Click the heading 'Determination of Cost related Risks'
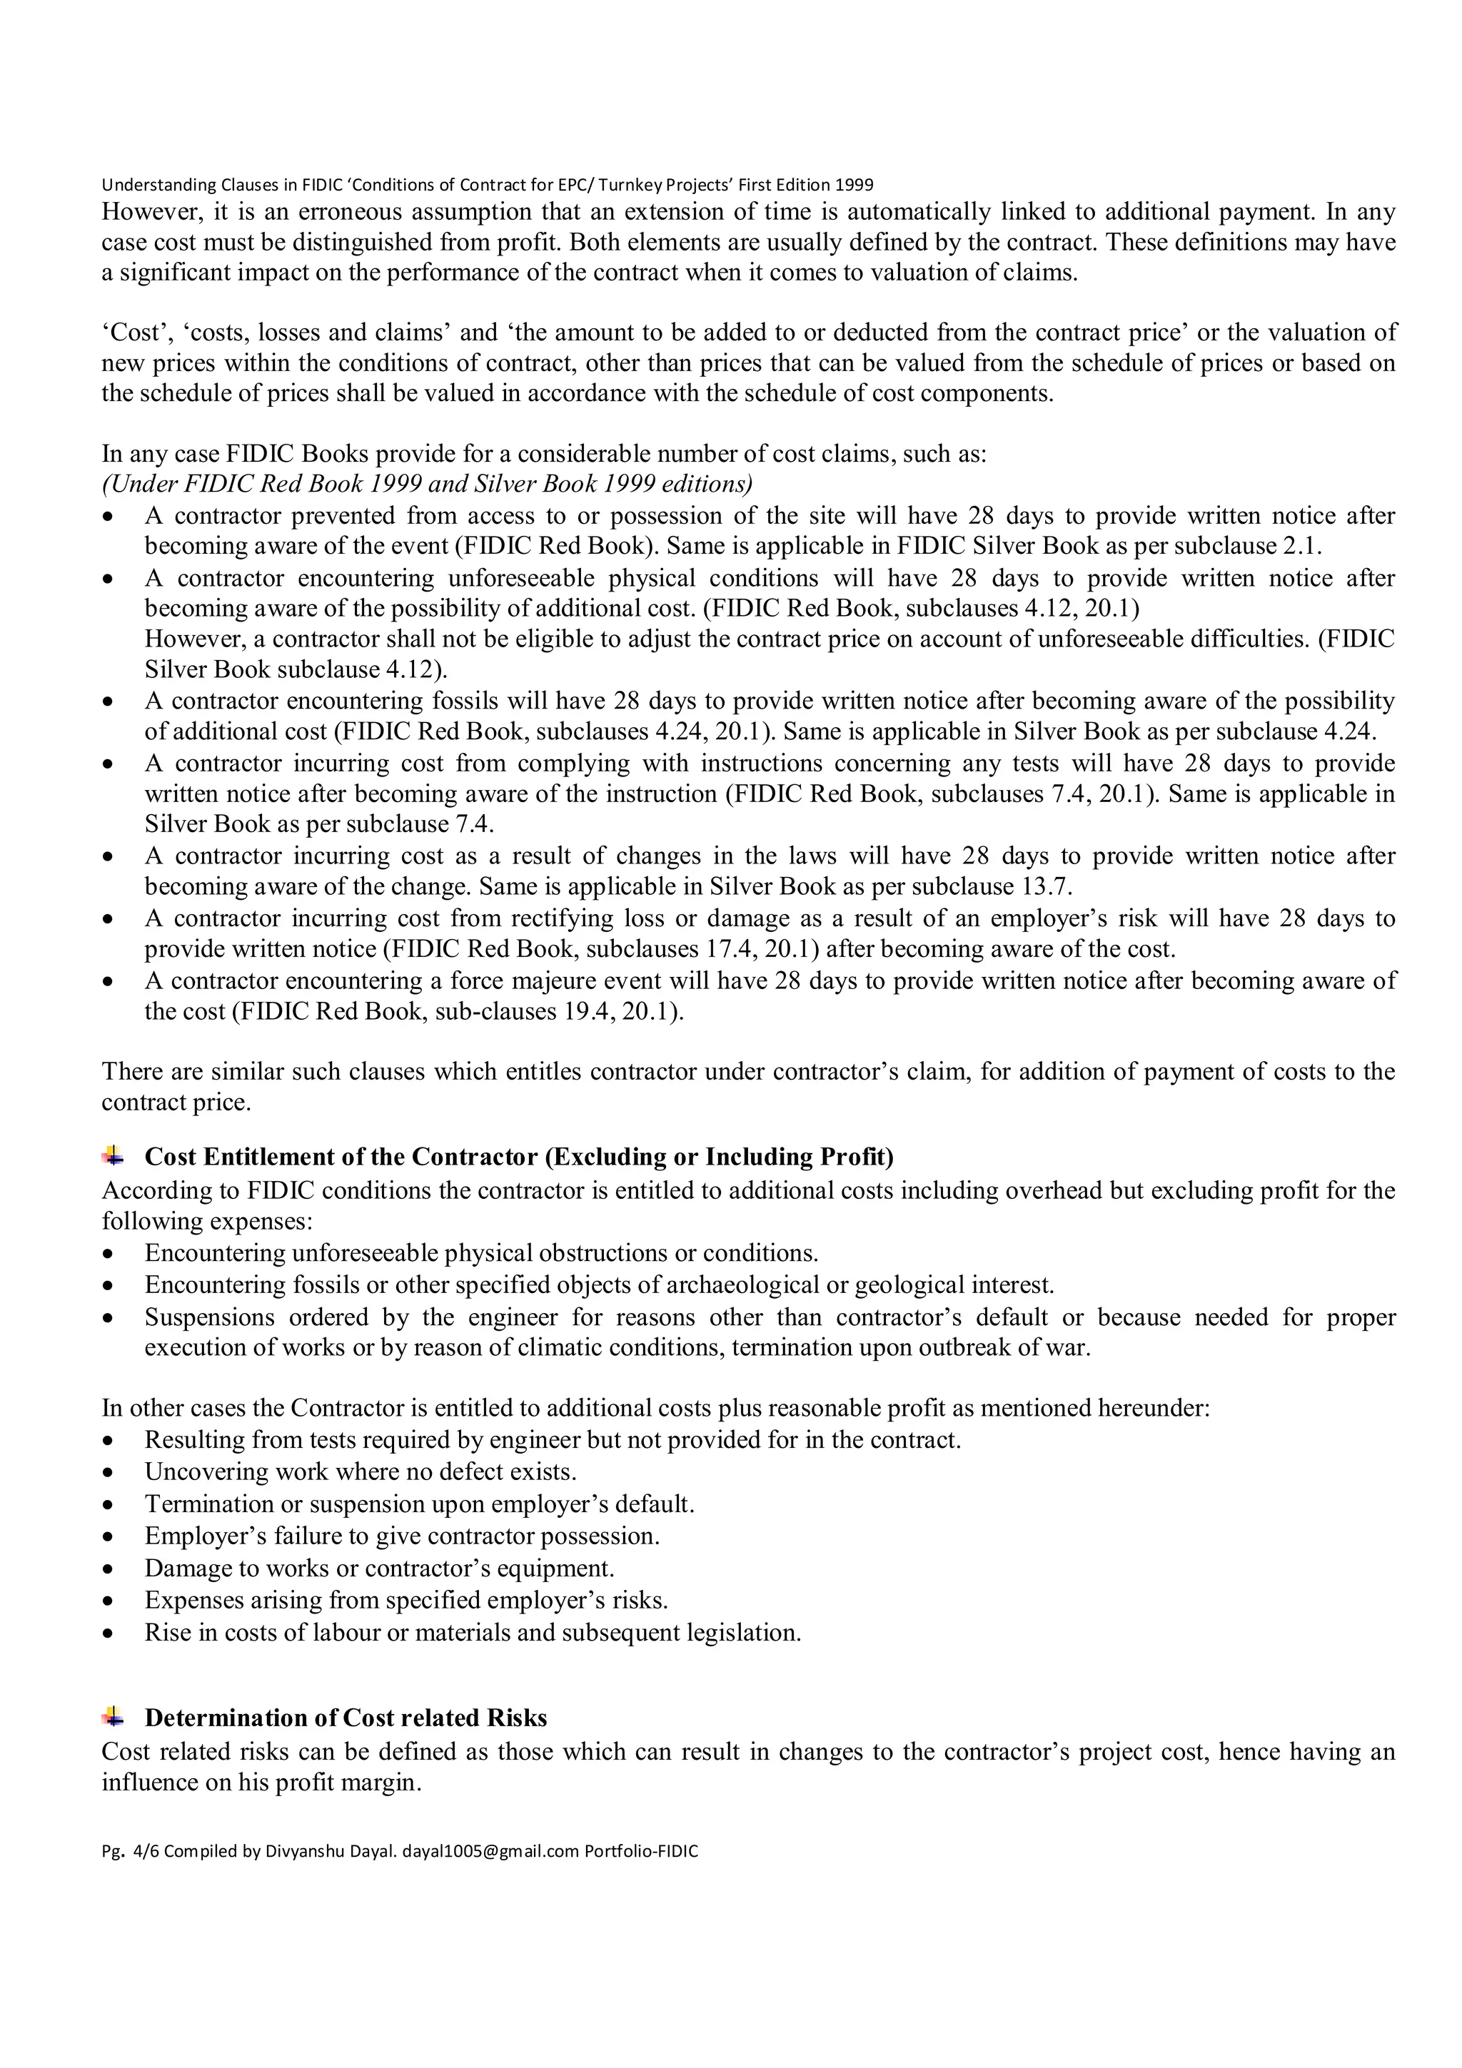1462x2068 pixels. (346, 1718)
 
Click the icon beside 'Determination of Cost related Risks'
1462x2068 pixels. (114, 1717)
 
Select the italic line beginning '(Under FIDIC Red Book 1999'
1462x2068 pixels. (427, 485)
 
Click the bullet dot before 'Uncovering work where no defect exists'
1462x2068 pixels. (109, 1474)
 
